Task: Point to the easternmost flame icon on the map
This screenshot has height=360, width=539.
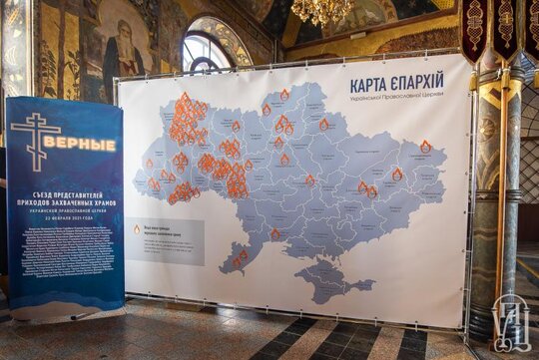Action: point(426,147)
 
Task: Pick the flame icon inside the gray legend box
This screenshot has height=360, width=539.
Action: point(138,229)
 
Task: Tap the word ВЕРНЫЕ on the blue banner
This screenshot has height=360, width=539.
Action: point(79,144)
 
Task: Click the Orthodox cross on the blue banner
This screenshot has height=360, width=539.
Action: point(32,140)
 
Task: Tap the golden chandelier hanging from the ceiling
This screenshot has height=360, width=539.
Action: point(321,11)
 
